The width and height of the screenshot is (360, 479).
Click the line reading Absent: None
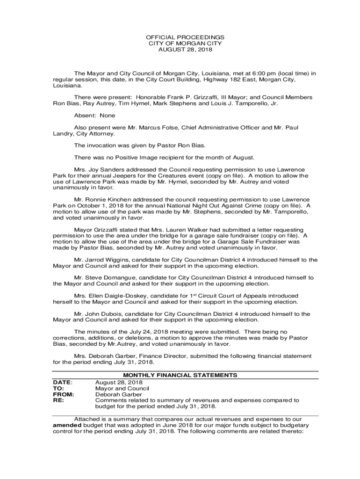pyautogui.click(x=94, y=116)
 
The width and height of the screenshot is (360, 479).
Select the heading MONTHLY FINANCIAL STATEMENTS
pyautogui.click(x=180, y=375)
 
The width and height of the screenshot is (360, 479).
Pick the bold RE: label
pyautogui.click(x=58, y=400)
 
